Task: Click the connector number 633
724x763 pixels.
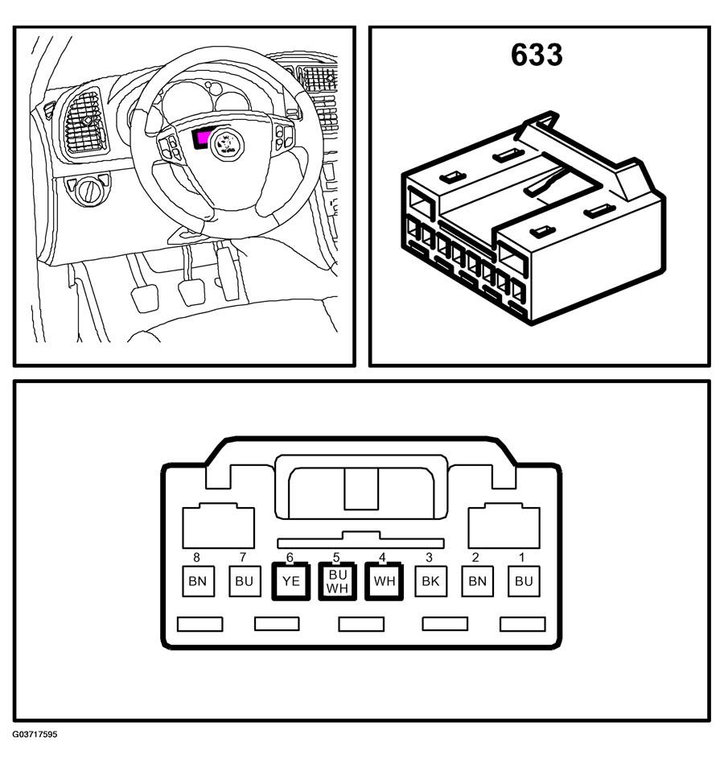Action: click(x=537, y=55)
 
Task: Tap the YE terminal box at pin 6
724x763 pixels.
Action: click(x=290, y=581)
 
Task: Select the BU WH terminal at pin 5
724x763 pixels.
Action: click(x=337, y=581)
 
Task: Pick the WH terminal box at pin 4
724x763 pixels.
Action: click(x=385, y=581)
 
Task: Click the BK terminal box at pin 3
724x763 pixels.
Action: click(x=431, y=581)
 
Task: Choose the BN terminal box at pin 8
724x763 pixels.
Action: click(x=198, y=581)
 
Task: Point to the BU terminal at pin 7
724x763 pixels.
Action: click(x=245, y=581)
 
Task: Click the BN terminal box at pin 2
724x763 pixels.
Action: click(x=478, y=581)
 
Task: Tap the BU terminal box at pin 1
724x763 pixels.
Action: click(x=524, y=581)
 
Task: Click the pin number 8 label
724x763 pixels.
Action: click(x=196, y=557)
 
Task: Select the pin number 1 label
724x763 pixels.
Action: click(x=522, y=557)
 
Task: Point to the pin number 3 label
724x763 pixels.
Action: click(x=429, y=557)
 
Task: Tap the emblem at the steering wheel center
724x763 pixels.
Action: click(x=227, y=145)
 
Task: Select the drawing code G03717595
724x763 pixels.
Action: click(x=35, y=734)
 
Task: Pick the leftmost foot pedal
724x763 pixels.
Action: click(x=145, y=298)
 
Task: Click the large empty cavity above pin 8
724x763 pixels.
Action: click(x=218, y=526)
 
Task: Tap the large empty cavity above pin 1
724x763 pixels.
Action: click(x=504, y=526)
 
